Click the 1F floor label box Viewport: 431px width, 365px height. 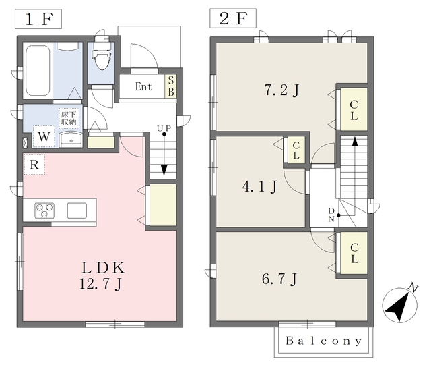click(38, 19)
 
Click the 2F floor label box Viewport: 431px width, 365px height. click(233, 18)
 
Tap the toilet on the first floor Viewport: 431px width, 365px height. click(102, 56)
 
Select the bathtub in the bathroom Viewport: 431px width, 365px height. click(38, 71)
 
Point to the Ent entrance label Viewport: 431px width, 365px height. click(143, 87)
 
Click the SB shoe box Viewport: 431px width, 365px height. click(170, 86)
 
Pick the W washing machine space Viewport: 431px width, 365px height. click(44, 136)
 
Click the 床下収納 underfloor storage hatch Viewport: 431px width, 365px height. click(69, 119)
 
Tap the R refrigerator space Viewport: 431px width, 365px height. click(34, 164)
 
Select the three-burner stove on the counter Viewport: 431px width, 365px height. click(44, 210)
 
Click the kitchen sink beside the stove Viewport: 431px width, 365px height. click(77, 210)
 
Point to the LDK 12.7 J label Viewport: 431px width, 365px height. click(102, 275)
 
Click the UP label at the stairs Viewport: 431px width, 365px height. click(164, 128)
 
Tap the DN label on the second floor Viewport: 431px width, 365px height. click(331, 215)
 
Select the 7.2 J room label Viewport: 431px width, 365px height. click(281, 90)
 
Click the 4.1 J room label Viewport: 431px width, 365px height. click(259, 187)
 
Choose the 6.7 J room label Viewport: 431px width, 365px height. click(279, 279)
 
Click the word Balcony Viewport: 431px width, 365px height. click(323, 341)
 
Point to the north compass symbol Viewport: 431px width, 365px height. click(401, 303)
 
